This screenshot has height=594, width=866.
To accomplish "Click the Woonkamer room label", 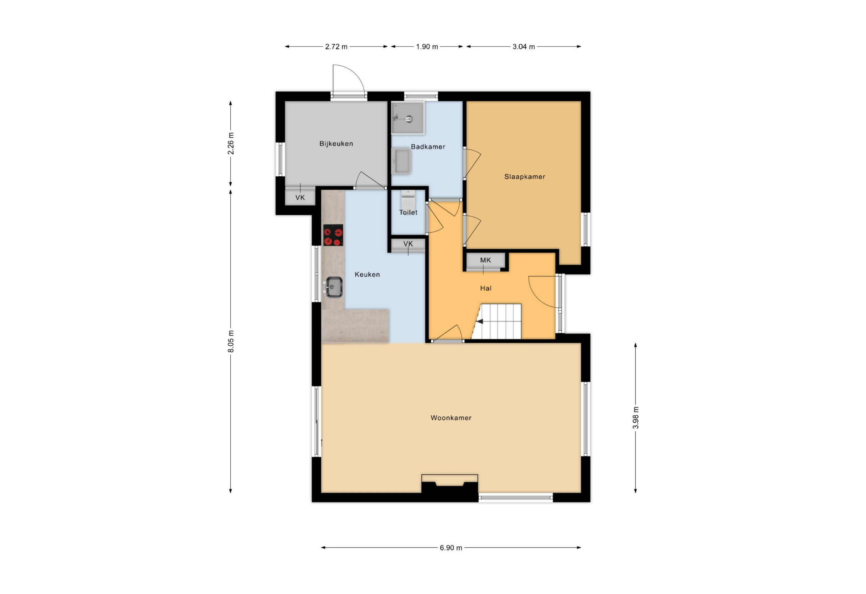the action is coord(451,418).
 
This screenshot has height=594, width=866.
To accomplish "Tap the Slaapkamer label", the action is coord(525,177).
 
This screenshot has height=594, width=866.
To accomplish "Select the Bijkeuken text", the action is coord(336,144).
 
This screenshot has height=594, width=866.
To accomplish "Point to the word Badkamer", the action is coord(428,147).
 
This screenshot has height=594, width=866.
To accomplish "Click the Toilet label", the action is coord(408,213).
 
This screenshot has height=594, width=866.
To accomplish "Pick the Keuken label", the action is coord(367,274).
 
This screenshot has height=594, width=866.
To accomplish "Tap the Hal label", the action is coord(485,288).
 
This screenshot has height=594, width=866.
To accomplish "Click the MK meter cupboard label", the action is coord(485,260).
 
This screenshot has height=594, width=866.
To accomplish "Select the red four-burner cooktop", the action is coord(333,235).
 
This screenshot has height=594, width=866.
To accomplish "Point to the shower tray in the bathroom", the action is coord(408,118).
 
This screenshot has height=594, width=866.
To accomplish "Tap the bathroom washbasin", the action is coord(401,161).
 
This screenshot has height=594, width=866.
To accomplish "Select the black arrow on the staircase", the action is coord(480,322).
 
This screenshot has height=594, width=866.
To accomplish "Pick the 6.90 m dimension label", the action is coord(451,548).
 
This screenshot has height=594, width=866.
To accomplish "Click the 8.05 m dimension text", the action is coord(231,341).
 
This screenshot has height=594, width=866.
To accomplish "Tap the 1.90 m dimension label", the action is coord(427,47).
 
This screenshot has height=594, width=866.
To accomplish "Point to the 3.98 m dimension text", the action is coord(636,418).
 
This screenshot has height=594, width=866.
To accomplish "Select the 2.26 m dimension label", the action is coord(231,144).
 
